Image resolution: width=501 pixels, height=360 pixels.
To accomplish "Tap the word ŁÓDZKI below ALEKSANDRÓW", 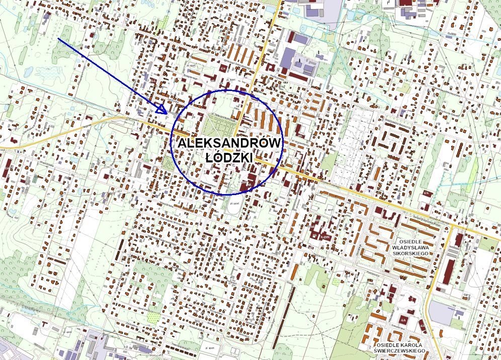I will pos(229,157).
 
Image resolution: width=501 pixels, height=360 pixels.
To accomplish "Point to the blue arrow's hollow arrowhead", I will pos(163,108).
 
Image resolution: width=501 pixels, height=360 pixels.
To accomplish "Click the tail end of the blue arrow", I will pos(59,38).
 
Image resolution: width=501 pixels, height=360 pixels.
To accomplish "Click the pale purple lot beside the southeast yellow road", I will pos(442,313).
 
